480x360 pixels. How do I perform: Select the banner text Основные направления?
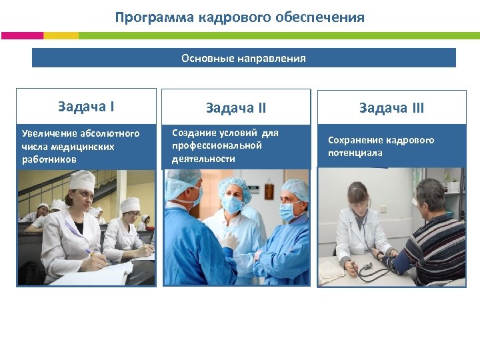243,58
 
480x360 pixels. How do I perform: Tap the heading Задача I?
86,106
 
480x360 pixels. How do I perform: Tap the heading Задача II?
236,108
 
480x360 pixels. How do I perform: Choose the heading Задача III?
391,108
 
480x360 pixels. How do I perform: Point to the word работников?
49,160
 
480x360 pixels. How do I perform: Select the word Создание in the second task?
193,133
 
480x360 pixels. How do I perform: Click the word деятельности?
203,159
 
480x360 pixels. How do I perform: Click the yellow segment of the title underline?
61,35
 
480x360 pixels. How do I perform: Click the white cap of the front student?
82,179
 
